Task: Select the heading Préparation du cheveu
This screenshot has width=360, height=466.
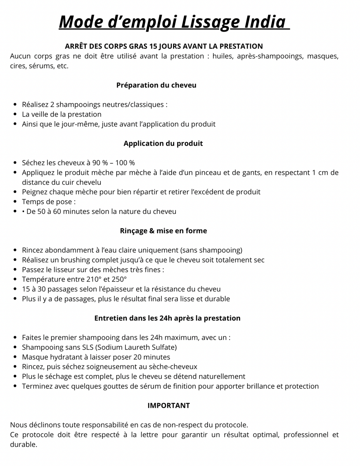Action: pyautogui.click(x=156, y=85)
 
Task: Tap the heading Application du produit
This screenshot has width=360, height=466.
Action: pyautogui.click(x=163, y=143)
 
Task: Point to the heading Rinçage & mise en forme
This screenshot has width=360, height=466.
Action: pyautogui.click(x=163, y=231)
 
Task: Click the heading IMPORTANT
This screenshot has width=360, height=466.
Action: pyautogui.click(x=169, y=405)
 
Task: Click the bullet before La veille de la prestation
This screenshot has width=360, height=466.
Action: pyautogui.click(x=15, y=114)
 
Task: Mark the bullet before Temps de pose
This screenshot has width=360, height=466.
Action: pyautogui.click(x=15, y=202)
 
